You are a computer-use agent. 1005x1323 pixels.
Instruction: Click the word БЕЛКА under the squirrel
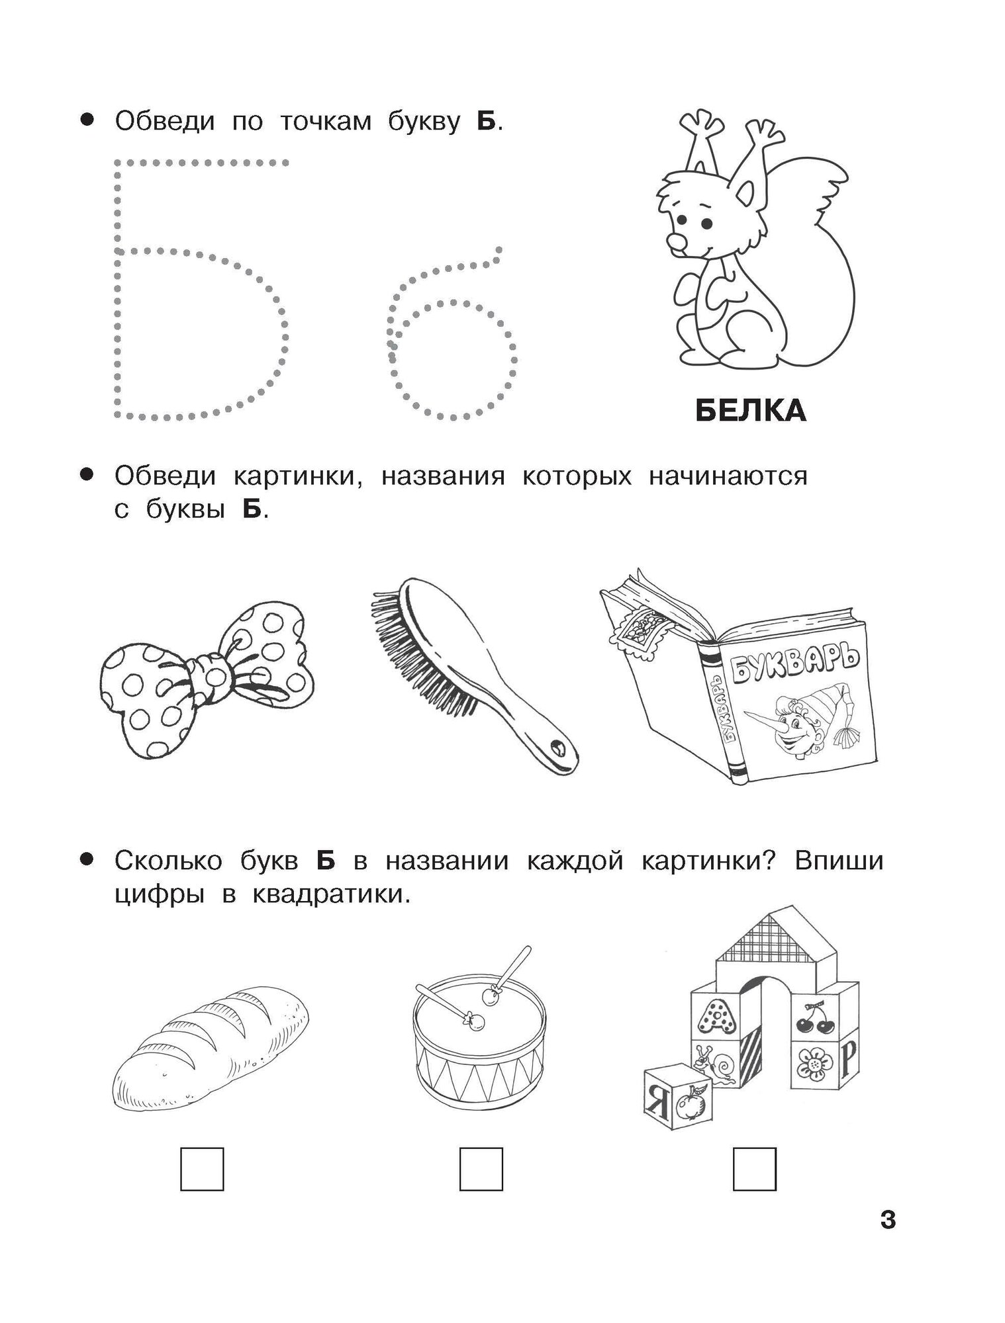pos(751,411)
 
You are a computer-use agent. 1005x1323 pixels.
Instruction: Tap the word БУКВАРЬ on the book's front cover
pos(794,668)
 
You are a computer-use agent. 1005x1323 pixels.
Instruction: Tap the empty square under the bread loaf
pos(202,1170)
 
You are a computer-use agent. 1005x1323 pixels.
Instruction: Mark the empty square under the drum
pos(481,1170)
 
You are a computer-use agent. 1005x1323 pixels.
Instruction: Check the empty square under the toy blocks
pos(754,1170)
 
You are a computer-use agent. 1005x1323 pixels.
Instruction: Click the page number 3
pos(888,1219)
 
